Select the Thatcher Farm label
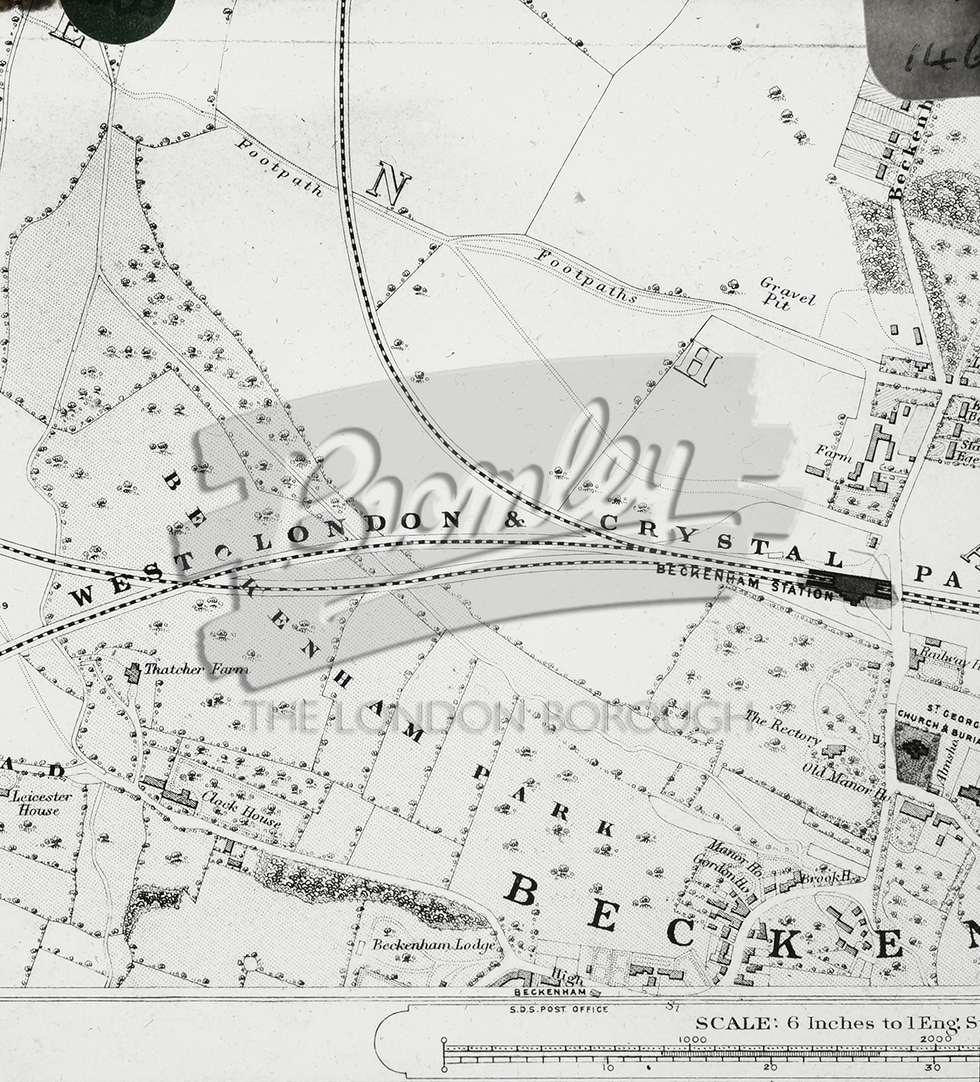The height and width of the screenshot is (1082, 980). (x=197, y=669)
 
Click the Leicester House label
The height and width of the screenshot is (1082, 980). (x=36, y=803)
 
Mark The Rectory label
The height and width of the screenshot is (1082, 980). (x=783, y=728)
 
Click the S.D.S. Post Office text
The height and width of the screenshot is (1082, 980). (x=559, y=1008)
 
